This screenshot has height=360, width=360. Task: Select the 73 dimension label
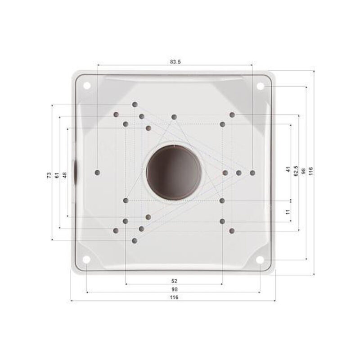point(49,175)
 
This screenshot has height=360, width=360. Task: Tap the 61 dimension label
point(57,175)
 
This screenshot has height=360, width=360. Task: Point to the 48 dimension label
point(65,175)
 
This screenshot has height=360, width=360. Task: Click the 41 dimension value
point(287,170)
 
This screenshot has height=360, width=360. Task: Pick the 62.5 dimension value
point(296,171)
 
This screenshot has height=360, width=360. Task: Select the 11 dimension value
point(287,211)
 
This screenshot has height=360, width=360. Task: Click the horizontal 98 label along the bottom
point(174,289)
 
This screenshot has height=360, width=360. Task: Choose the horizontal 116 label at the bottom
point(174,297)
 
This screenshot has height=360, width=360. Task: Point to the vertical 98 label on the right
point(303,171)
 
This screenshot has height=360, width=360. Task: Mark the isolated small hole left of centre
point(99,172)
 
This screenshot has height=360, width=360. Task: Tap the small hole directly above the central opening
point(174,117)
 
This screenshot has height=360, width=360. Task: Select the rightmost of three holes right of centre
point(252,173)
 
